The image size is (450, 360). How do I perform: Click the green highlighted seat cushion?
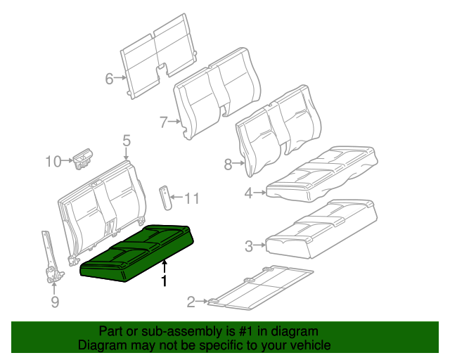tap(137, 253)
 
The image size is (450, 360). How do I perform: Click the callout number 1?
tap(165, 282)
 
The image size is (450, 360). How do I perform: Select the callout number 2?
tap(191, 302)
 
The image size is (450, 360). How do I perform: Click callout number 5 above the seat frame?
tap(127, 141)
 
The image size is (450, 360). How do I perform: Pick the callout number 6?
tap(108, 79)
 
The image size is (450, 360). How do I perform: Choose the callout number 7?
tap(163, 122)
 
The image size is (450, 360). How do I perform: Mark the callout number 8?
tap(227, 165)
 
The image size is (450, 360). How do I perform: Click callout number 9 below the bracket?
tap(55, 302)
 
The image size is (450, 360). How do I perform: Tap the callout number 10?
tap(54, 162)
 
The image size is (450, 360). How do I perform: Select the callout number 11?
tap(191, 199)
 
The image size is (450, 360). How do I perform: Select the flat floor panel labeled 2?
tap(260, 288)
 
